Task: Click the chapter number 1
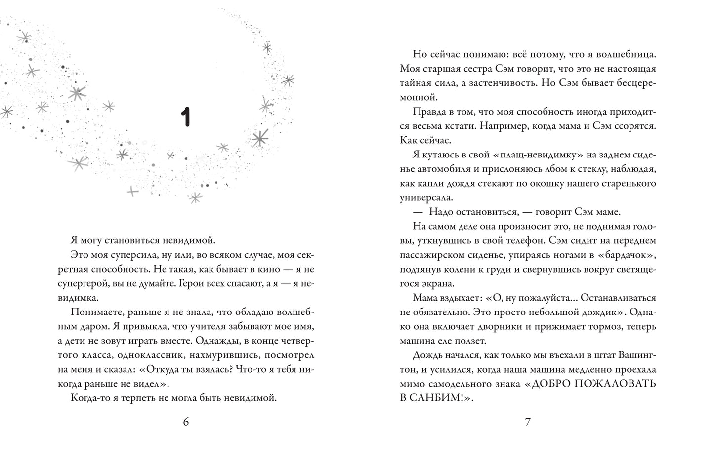click(x=185, y=117)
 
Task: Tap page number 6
click(x=186, y=422)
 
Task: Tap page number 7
click(x=527, y=422)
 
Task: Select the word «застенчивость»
click(x=506, y=83)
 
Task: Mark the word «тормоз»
click(x=604, y=326)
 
